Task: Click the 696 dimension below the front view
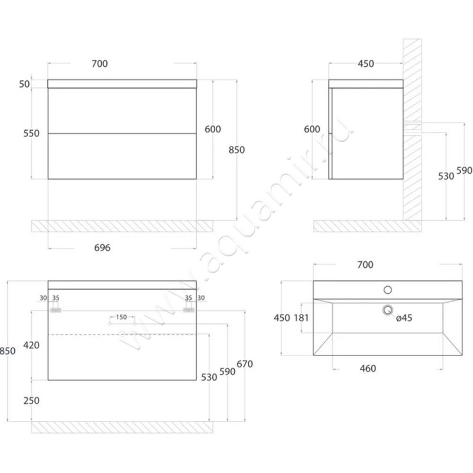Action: coord(102,248)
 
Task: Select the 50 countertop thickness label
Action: coord(24,84)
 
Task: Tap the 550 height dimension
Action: coord(31,134)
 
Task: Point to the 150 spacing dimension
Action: coord(122,317)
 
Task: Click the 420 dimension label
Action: coord(31,345)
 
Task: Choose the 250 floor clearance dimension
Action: coord(31,400)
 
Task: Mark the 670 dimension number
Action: coord(245,364)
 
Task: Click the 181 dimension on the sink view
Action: coord(302,318)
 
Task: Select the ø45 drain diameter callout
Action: coord(404,318)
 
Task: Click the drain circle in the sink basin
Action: coord(388,309)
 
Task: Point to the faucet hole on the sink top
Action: coord(388,290)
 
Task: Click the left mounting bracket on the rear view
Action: coord(56,310)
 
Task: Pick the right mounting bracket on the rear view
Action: coord(189,310)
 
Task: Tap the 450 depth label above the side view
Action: coord(366,64)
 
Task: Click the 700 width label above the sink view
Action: coord(365,266)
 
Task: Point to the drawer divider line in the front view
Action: coord(122,133)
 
